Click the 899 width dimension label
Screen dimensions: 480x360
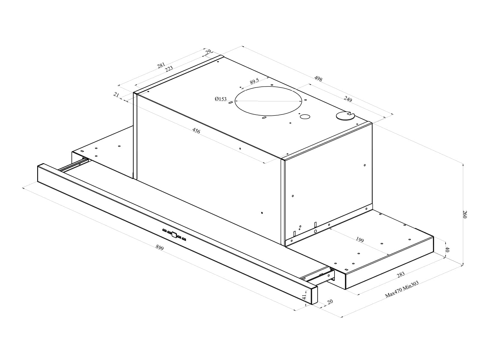[x=160, y=247]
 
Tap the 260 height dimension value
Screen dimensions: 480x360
[x=465, y=214]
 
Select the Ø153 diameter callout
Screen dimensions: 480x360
[x=220, y=99]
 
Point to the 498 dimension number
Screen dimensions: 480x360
[x=318, y=79]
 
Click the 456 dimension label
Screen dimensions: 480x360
[x=196, y=131]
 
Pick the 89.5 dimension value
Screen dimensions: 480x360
[x=254, y=81]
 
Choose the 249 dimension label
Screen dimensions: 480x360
[x=348, y=99]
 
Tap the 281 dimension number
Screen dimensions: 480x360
[x=161, y=65]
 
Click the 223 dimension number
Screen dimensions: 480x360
[x=169, y=69]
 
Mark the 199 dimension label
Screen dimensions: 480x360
[x=360, y=240]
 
